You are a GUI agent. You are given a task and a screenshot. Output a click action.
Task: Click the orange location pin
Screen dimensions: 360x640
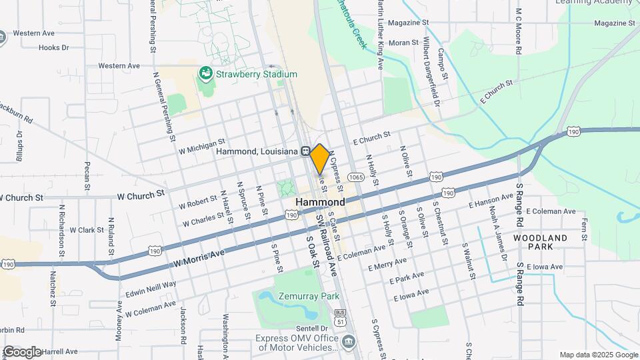pos(319,158)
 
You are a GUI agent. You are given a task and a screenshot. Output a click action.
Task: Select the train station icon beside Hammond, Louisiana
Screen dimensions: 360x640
pos(305,151)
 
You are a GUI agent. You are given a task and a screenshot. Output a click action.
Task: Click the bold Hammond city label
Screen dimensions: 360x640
pos(321,202)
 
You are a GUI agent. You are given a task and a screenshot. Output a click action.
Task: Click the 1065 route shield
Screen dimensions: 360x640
pos(355,177)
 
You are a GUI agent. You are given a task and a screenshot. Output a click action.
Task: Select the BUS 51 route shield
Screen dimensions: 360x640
pos(341,317)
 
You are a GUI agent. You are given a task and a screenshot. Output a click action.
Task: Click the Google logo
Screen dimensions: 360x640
pos(22,351)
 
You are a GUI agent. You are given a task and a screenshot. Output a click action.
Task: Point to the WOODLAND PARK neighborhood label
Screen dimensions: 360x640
pos(541,242)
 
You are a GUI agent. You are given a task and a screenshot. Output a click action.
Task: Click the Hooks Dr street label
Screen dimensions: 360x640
pos(54,47)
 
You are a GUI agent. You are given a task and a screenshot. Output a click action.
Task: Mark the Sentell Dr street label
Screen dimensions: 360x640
pos(313,329)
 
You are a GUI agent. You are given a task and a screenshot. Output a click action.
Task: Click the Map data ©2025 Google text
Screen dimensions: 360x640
pos(598,355)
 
